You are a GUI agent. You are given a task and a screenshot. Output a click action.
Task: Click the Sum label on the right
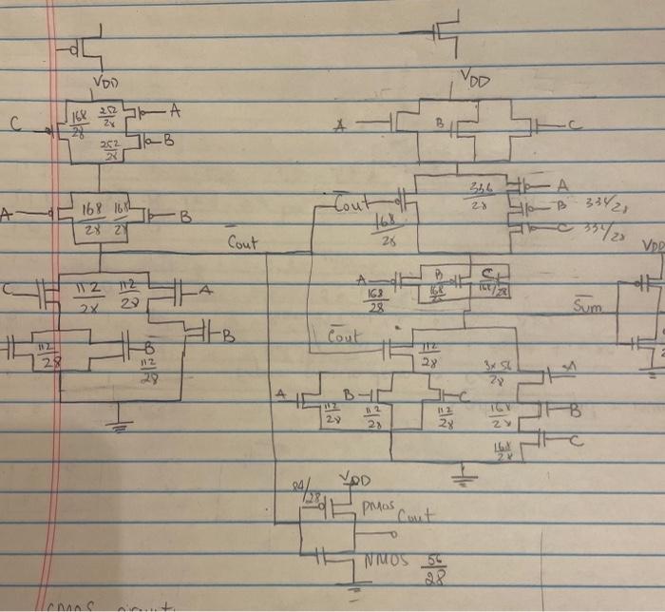(x=589, y=306)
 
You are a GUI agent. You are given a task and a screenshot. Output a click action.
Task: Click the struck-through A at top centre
(x=339, y=124)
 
